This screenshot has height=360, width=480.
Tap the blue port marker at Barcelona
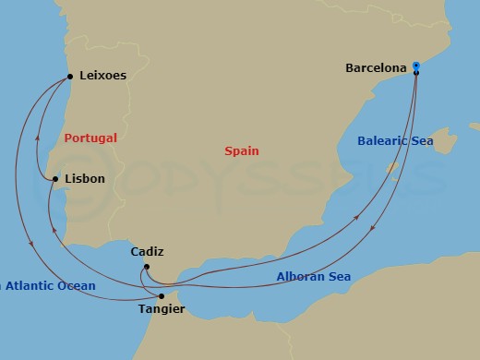click(x=416, y=66)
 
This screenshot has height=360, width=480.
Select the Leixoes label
click(x=103, y=76)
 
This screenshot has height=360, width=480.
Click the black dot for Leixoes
click(x=71, y=77)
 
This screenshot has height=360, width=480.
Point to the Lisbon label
click(x=85, y=178)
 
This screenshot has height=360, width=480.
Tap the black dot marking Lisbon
click(x=55, y=179)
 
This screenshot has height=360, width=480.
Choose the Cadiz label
click(x=149, y=250)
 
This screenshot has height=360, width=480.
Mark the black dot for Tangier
click(x=162, y=296)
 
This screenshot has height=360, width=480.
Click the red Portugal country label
click(x=90, y=138)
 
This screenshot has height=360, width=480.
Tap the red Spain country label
click(x=241, y=150)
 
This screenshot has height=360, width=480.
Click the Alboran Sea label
click(x=314, y=277)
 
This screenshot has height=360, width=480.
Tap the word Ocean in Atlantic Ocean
click(x=77, y=286)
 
